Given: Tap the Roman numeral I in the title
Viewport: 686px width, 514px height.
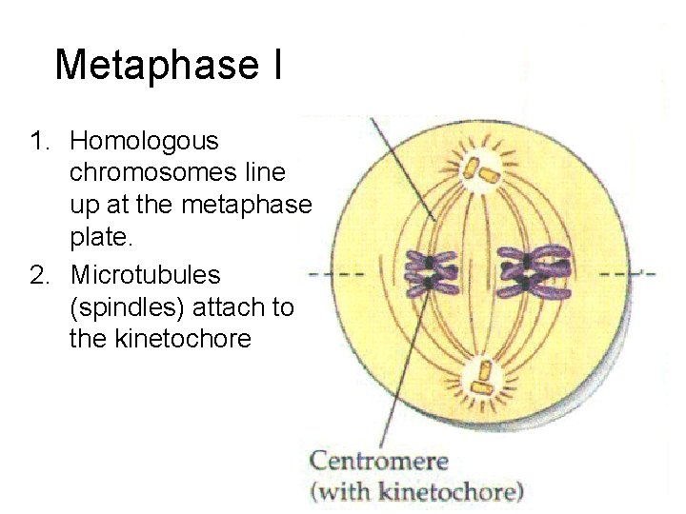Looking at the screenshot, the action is tap(276, 65).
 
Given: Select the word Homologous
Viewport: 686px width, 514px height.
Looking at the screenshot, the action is tap(144, 142).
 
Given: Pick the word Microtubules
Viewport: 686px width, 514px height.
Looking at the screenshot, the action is tap(146, 276).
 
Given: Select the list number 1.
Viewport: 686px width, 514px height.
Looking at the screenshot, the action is tap(38, 142).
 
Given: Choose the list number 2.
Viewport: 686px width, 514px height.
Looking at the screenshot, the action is tap(38, 276).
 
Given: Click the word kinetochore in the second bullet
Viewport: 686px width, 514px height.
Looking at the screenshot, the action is tap(160, 339).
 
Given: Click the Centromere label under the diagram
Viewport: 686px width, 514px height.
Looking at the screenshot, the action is tap(378, 463).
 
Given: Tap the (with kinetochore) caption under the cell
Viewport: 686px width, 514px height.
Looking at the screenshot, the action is tap(416, 492).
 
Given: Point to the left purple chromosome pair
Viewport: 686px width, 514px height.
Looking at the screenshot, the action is tap(431, 272).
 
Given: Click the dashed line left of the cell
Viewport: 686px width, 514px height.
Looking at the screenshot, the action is tap(334, 274).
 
